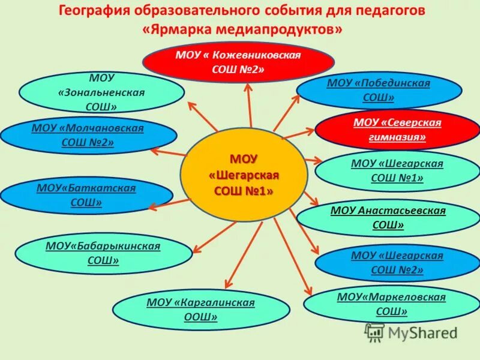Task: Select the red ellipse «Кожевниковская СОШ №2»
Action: tap(238, 62)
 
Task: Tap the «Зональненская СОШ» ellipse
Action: tap(101, 92)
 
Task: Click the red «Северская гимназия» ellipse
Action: tap(397, 130)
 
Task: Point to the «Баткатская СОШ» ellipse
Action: tap(86, 196)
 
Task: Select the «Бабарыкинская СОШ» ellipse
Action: tap(103, 253)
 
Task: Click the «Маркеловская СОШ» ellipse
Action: tap(391, 304)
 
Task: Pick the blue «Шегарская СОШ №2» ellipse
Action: tap(397, 263)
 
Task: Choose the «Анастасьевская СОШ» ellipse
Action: tap(388, 217)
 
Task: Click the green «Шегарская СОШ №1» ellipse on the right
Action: tap(397, 170)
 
